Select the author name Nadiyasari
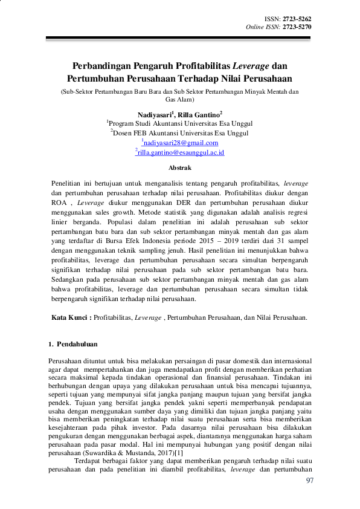tap(155, 114)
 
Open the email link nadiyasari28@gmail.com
tap(181, 143)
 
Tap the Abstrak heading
tap(179, 167)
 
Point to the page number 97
tap(310, 481)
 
